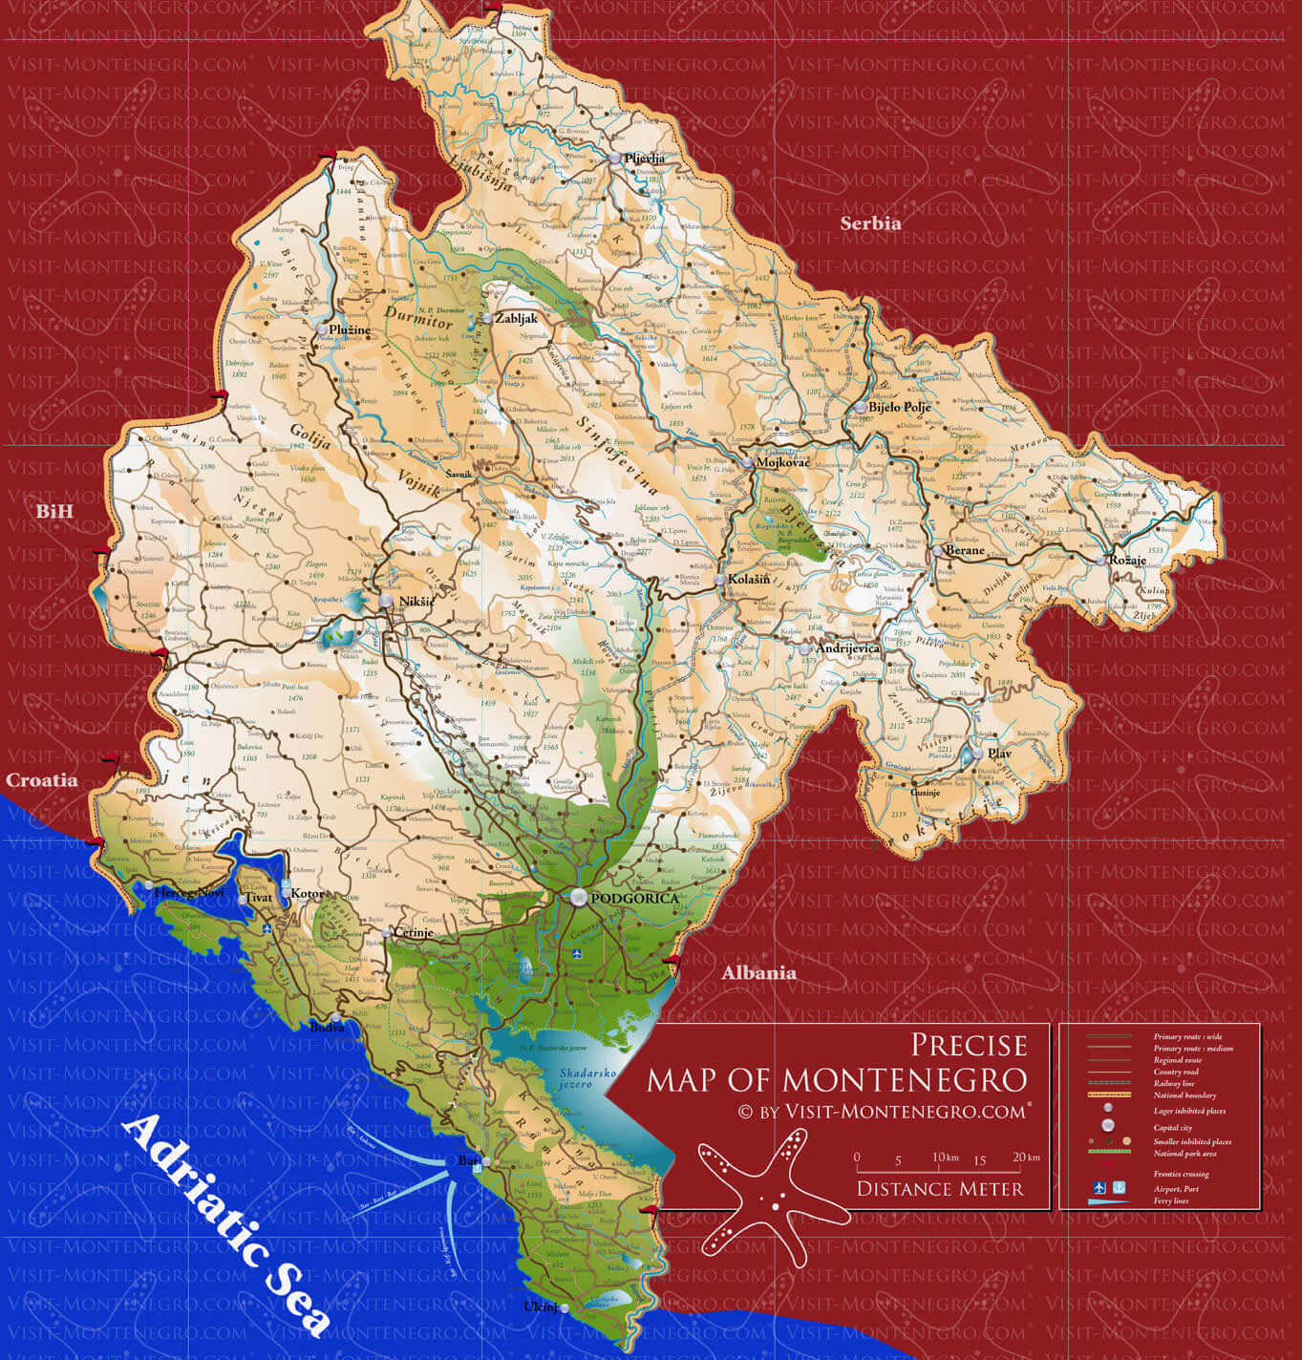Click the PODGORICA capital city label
635,899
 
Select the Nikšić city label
416,601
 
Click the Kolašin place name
749,580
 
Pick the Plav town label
999,754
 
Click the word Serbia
870,223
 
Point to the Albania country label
758,973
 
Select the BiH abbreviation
54,512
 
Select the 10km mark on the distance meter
946,1158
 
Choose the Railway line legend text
1173,1084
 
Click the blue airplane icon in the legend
1099,1187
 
